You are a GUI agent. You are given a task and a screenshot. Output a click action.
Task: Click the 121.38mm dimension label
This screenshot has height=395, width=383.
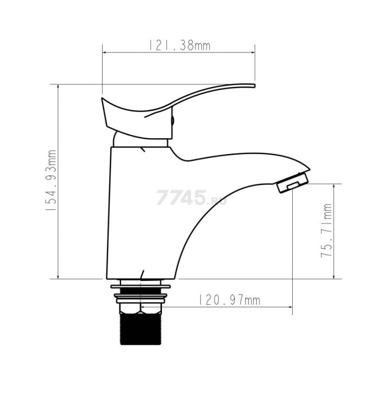(179, 45)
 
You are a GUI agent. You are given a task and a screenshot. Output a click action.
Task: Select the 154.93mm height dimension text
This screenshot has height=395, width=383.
(51, 180)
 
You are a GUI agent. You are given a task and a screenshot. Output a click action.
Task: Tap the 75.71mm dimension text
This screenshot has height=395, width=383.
(327, 231)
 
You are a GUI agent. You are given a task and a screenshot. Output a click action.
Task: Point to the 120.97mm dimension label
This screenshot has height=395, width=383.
(230, 300)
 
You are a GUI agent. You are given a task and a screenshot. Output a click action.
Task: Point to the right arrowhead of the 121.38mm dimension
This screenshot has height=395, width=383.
(253, 52)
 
